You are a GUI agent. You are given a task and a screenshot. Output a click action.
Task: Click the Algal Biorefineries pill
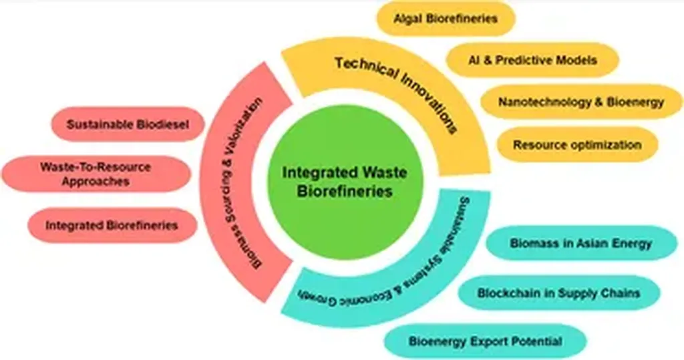pyautogui.click(x=446, y=19)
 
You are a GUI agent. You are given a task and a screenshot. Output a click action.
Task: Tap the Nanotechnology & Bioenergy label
pyautogui.click(x=581, y=102)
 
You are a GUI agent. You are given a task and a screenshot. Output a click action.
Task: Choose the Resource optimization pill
pyautogui.click(x=577, y=144)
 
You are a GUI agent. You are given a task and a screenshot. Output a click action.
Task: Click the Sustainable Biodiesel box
pyautogui.click(x=127, y=124)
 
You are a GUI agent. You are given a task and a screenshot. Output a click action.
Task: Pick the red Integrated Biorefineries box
pyautogui.click(x=112, y=225)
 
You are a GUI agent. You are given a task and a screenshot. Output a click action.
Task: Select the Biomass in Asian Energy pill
pyautogui.click(x=580, y=243)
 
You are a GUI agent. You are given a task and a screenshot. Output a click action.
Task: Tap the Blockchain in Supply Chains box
pyautogui.click(x=559, y=293)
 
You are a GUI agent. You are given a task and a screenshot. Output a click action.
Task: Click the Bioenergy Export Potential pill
pyautogui.click(x=486, y=341)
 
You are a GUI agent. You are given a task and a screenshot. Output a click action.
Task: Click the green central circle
pyautogui.click(x=340, y=181)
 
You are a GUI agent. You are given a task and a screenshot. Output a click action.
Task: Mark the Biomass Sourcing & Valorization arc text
pyautogui.click(x=241, y=180)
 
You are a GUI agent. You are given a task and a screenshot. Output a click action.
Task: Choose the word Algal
pyautogui.click(x=408, y=19)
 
